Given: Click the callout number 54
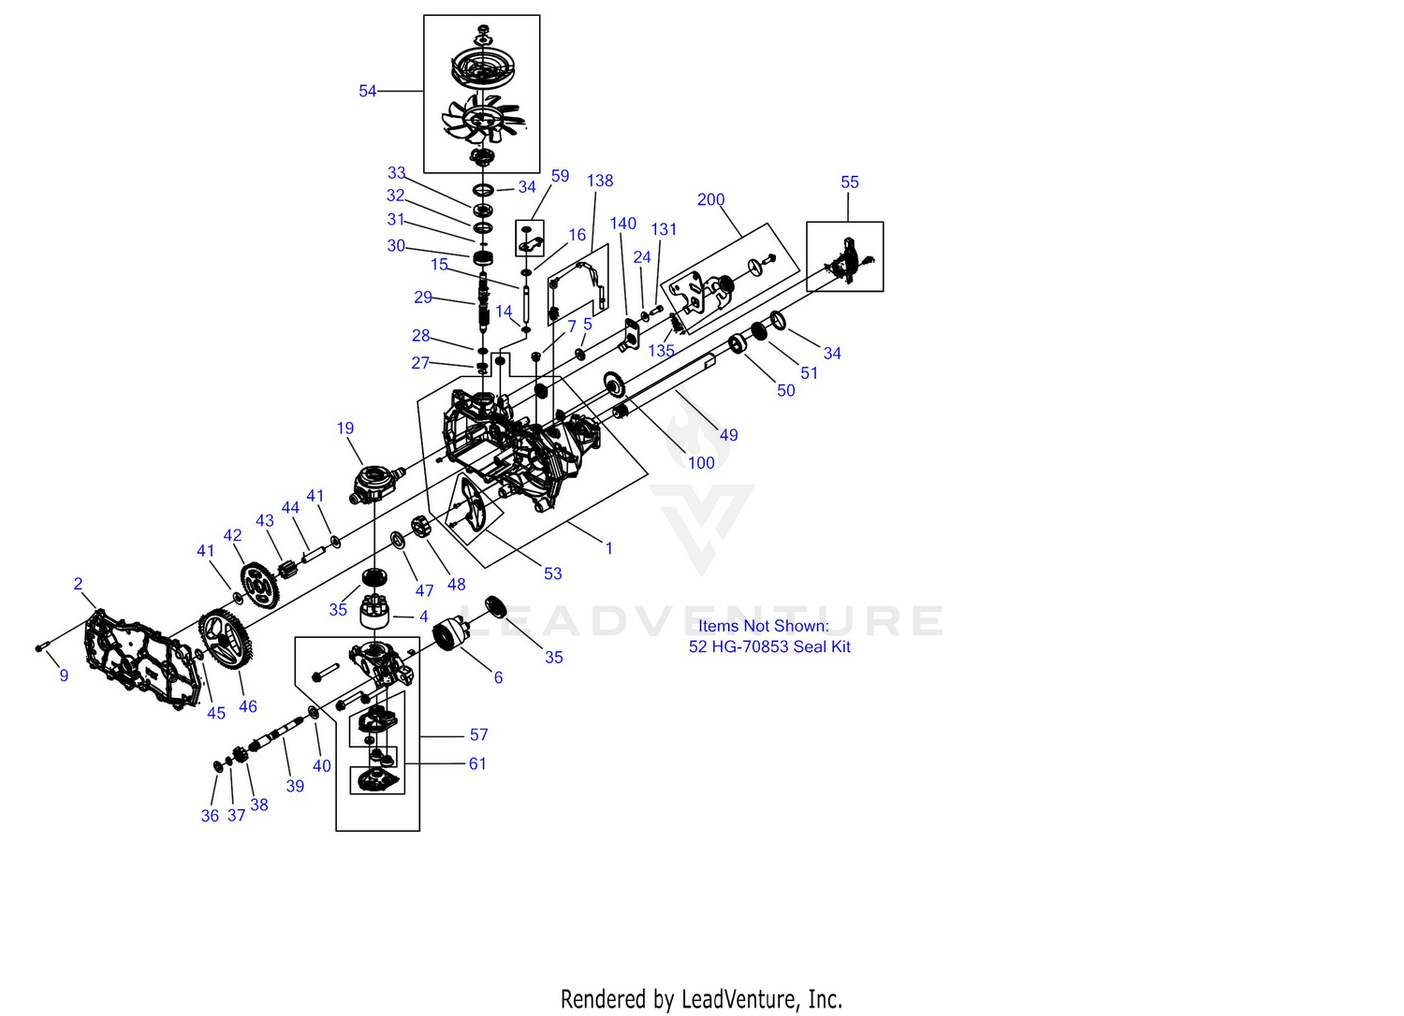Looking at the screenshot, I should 367,91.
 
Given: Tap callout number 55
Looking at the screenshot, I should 849,182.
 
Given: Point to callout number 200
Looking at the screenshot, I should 710,199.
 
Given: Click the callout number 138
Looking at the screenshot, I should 600,181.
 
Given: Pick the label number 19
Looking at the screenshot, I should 345,428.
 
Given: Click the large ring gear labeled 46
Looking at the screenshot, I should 226,639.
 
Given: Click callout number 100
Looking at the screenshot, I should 701,463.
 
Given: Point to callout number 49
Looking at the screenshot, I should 728,435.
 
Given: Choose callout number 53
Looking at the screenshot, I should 553,573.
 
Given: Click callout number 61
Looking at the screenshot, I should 477,764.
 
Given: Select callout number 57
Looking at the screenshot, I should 478,735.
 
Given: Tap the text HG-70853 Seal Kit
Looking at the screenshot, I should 782,646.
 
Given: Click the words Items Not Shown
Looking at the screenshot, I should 763,626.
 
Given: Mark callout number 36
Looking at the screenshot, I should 210,816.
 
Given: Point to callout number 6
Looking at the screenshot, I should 498,677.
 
